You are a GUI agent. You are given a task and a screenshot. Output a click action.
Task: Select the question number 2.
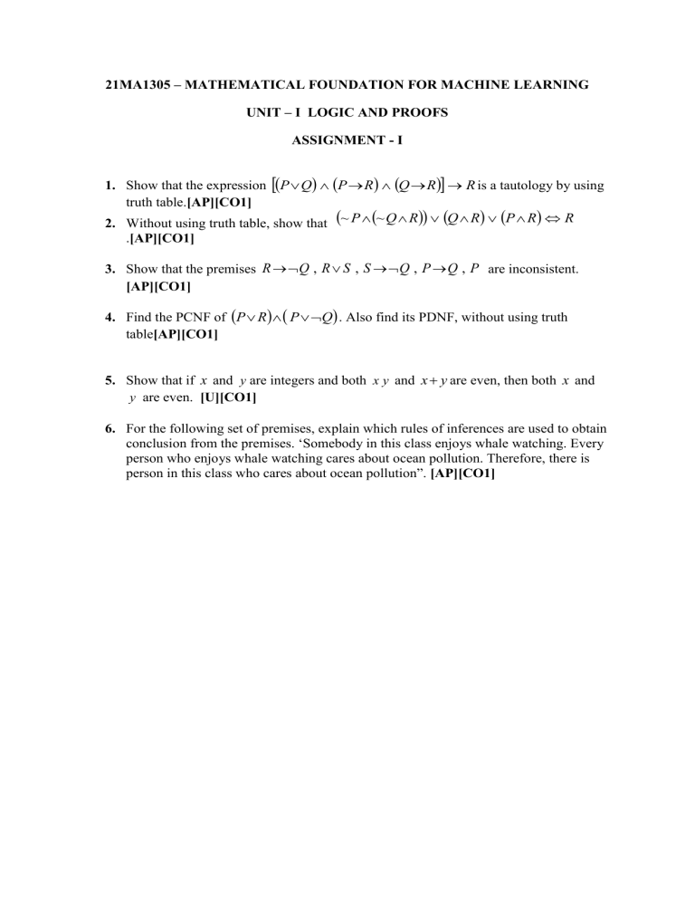pyautogui.click(x=108, y=223)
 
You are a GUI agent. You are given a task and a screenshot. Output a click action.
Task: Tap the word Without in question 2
pyautogui.click(x=149, y=223)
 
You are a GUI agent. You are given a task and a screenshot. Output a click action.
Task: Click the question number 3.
pyautogui.click(x=108, y=269)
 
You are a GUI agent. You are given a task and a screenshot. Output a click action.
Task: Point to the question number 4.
pyautogui.click(x=108, y=318)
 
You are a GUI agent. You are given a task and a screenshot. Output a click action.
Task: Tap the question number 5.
pyautogui.click(x=108, y=381)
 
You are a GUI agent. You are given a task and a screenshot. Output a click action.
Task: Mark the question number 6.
pyautogui.click(x=108, y=428)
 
